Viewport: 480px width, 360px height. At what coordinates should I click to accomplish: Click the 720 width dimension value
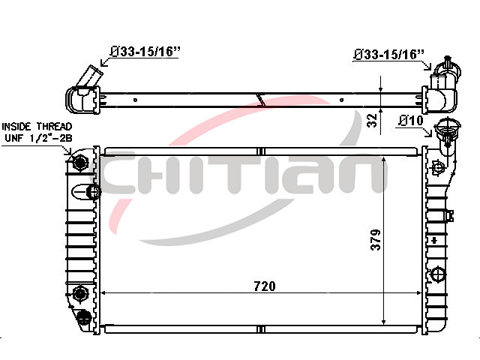(x=265, y=286)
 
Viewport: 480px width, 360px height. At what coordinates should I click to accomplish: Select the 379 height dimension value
(x=376, y=240)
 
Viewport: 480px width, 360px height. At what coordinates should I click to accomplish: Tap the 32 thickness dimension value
(x=372, y=120)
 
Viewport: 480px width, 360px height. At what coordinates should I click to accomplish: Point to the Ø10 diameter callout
(x=411, y=121)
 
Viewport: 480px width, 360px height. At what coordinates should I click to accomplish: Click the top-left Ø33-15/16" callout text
(x=145, y=52)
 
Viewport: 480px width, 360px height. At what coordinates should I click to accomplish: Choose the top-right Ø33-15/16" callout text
(x=389, y=55)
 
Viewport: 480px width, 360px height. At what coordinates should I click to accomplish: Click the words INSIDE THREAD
(x=37, y=127)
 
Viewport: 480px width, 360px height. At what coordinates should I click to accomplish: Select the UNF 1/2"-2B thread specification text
(x=38, y=138)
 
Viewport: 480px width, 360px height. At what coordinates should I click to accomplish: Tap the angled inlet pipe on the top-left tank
(x=88, y=76)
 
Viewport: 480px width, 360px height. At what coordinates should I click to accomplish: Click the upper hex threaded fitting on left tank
(x=80, y=162)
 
